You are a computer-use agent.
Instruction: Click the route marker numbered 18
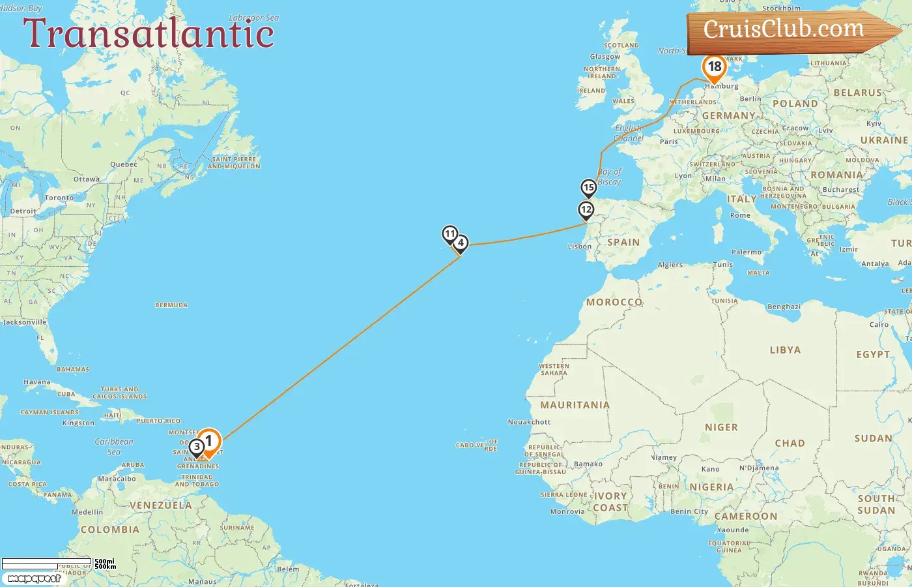714,67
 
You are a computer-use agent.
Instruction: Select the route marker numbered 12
586,210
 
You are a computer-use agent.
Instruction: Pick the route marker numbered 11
449,234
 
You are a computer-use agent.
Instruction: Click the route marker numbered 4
461,243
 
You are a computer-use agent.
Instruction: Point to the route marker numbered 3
197,447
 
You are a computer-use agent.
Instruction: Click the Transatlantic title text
149,33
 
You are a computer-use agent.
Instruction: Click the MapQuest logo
34,578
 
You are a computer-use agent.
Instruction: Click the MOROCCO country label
614,302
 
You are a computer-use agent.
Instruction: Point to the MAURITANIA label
575,405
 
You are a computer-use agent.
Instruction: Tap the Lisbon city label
579,247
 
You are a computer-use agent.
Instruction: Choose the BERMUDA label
171,305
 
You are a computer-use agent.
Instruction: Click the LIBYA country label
785,350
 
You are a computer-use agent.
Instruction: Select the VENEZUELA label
161,505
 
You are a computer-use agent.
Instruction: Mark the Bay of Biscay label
610,177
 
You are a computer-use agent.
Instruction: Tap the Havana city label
36,382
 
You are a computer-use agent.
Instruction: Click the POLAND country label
795,104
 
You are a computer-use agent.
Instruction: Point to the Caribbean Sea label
114,446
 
